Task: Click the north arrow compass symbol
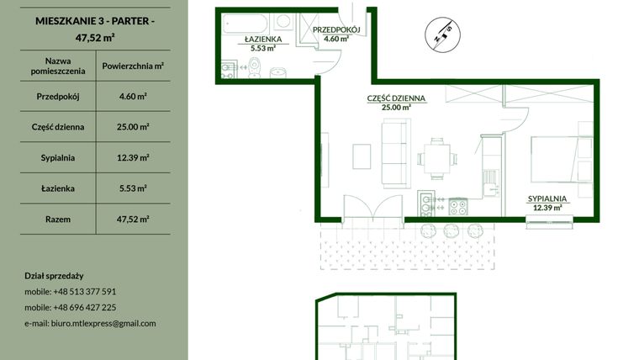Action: click(445, 34)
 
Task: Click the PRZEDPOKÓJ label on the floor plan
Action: click(336, 30)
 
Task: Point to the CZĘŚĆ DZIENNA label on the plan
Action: click(396, 98)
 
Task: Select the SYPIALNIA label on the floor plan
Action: click(547, 199)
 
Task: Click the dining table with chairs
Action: click(436, 156)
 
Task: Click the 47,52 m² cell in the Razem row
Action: click(133, 219)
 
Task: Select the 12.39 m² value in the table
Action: click(133, 157)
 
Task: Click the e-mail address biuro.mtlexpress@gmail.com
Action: click(91, 323)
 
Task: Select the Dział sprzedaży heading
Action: click(55, 276)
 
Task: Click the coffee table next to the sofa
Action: click(362, 156)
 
